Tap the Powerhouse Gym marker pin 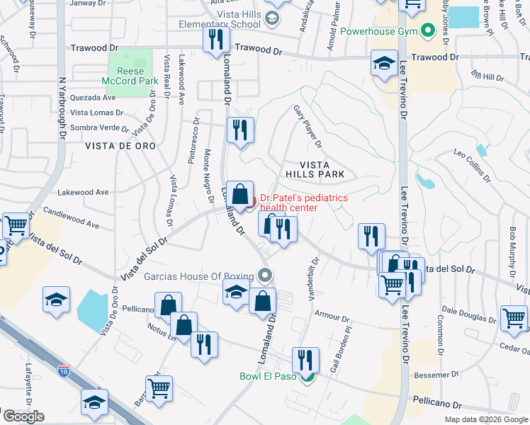(427, 31)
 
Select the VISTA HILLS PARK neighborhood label (315, 169)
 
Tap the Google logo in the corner (23, 416)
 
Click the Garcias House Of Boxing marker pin (266, 275)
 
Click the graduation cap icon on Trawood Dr (383, 63)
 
